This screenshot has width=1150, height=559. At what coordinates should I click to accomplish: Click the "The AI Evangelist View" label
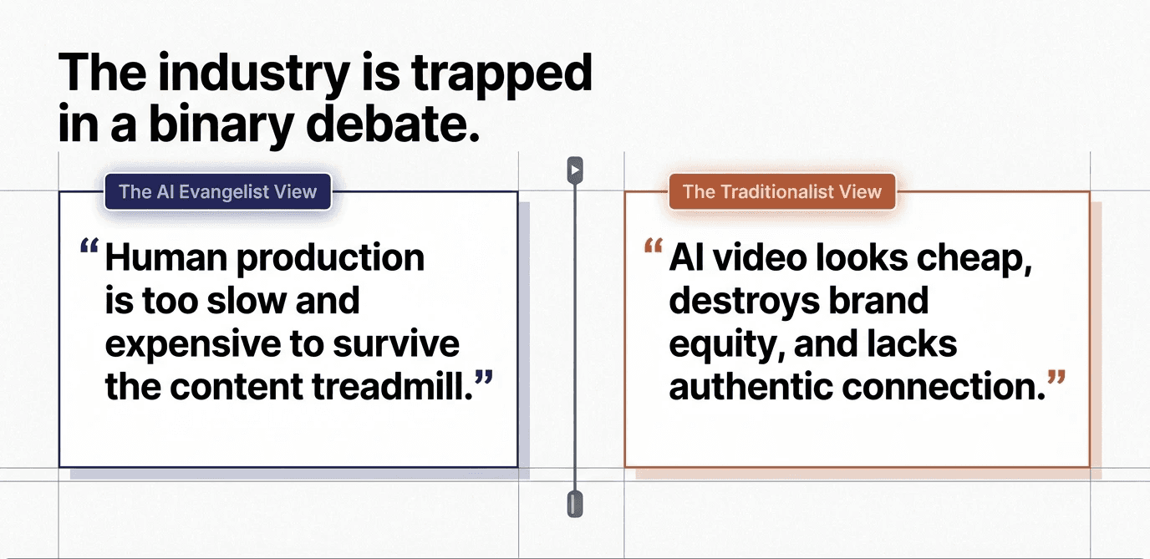click(x=217, y=191)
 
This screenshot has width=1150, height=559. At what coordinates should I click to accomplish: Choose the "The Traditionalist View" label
click(x=781, y=191)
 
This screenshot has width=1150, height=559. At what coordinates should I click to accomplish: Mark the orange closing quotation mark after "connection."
click(x=1056, y=379)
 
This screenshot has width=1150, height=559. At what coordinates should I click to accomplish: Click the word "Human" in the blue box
click(x=164, y=258)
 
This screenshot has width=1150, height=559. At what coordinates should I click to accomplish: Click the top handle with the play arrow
click(x=574, y=170)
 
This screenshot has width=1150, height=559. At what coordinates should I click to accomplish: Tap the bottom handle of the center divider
click(x=573, y=504)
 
